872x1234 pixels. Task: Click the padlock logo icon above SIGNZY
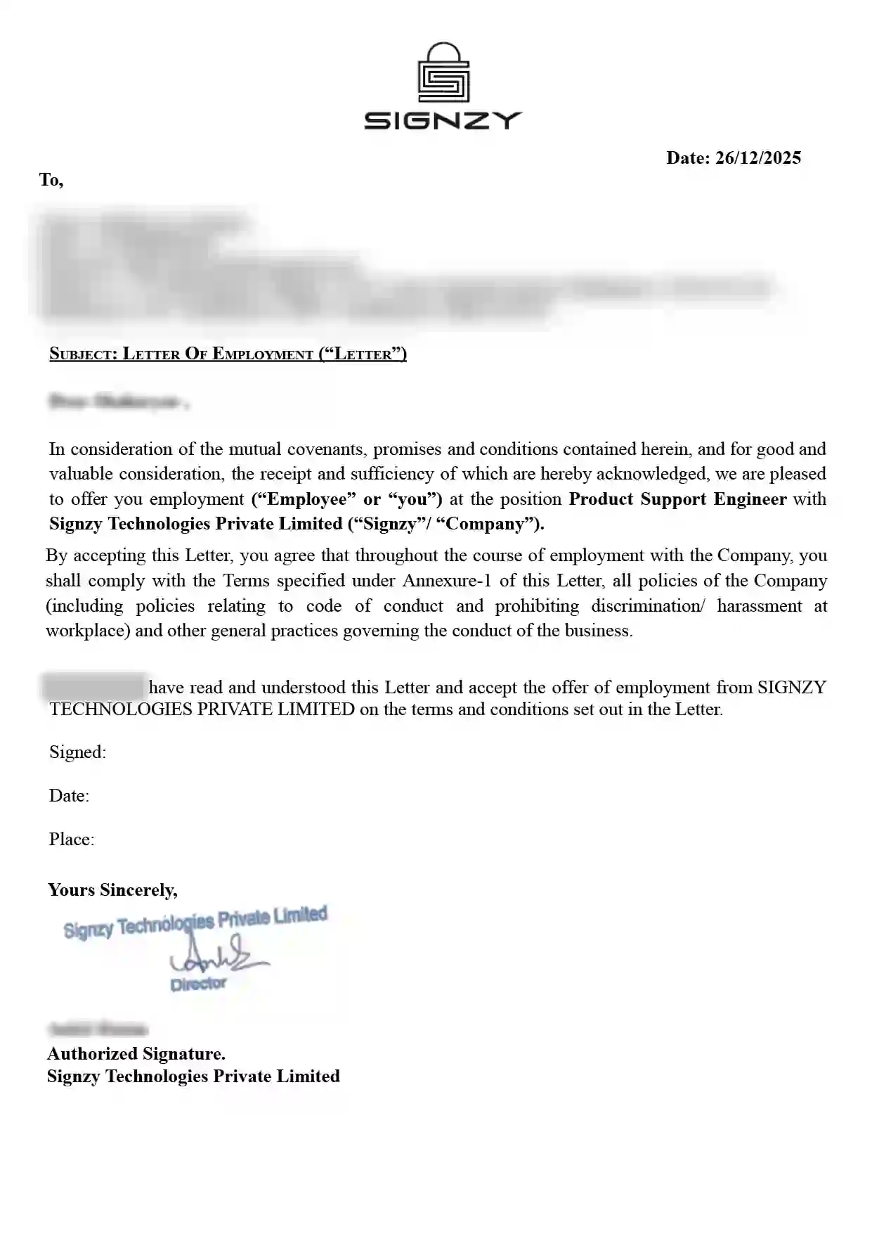pyautogui.click(x=443, y=73)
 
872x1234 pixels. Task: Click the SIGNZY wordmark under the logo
pyautogui.click(x=443, y=121)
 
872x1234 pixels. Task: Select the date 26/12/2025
pyautogui.click(x=757, y=158)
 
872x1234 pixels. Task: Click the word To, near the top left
pyautogui.click(x=51, y=180)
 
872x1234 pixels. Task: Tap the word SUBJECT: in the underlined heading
pyautogui.click(x=83, y=354)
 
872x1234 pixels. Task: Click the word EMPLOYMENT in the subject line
pyautogui.click(x=262, y=354)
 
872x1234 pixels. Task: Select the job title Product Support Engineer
pyautogui.click(x=677, y=499)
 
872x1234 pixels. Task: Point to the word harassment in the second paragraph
pyautogui.click(x=759, y=606)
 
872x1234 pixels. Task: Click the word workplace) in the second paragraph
pyautogui.click(x=88, y=631)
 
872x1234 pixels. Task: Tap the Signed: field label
pyautogui.click(x=77, y=752)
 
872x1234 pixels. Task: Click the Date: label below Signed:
pyautogui.click(x=69, y=796)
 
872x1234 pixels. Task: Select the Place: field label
pyautogui.click(x=72, y=840)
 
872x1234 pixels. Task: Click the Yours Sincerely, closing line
pyautogui.click(x=112, y=890)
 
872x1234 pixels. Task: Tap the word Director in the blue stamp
pyautogui.click(x=198, y=984)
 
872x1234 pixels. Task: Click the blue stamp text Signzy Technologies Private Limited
pyautogui.click(x=195, y=923)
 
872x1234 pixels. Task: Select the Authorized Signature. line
pyautogui.click(x=136, y=1054)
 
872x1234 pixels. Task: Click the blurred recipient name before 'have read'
pyautogui.click(x=93, y=686)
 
